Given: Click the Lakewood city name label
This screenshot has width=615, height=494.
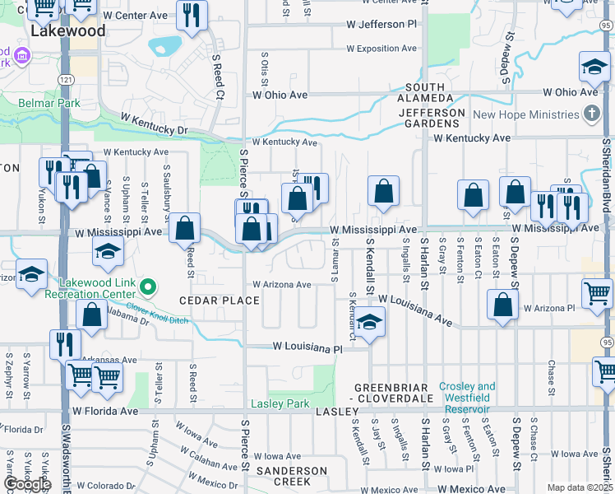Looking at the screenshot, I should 67,30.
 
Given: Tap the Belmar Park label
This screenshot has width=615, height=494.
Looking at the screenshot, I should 49,103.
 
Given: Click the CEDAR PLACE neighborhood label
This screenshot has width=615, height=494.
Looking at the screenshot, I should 220,301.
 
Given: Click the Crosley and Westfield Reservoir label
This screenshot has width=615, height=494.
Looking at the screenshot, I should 467,392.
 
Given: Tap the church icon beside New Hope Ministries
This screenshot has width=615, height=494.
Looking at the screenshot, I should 590,114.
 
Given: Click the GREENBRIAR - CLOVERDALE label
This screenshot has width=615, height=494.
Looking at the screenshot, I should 394,393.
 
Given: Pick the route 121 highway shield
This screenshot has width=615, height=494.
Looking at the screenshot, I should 64,77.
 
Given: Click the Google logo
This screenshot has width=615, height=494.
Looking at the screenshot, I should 27,483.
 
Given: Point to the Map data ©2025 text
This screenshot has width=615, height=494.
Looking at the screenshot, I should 580,487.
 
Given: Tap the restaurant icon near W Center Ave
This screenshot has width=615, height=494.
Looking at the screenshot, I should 192,12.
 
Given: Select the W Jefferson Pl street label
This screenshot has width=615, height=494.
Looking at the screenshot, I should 381,25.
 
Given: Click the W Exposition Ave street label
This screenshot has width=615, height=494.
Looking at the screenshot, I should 383,49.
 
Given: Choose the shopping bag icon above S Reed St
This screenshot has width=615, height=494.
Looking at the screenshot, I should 185,227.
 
